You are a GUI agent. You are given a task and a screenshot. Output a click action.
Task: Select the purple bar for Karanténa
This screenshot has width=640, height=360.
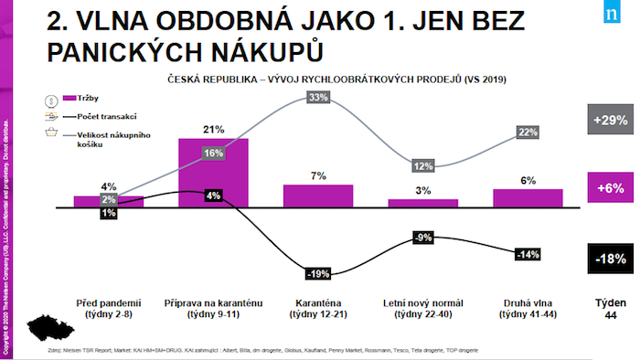pyautogui.click(x=318, y=196)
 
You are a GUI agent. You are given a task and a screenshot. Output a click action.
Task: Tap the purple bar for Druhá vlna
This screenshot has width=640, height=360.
pyautogui.click(x=528, y=198)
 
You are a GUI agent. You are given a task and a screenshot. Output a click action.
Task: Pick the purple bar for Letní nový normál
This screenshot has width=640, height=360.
pyautogui.click(x=422, y=203)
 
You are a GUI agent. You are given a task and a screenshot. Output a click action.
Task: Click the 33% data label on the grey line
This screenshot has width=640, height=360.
pyautogui.click(x=318, y=98)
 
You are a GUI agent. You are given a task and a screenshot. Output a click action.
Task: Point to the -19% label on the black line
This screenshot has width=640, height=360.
pyautogui.click(x=318, y=272)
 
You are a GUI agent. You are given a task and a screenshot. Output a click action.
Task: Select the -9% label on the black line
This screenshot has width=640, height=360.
pyautogui.click(x=422, y=238)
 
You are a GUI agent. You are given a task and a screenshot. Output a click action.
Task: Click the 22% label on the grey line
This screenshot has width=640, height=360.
pyautogui.click(x=528, y=132)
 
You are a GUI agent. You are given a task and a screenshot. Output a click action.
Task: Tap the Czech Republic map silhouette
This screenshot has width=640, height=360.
pyautogui.click(x=41, y=327)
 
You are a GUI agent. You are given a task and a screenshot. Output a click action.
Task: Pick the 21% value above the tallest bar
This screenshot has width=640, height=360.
pyautogui.click(x=212, y=129)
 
